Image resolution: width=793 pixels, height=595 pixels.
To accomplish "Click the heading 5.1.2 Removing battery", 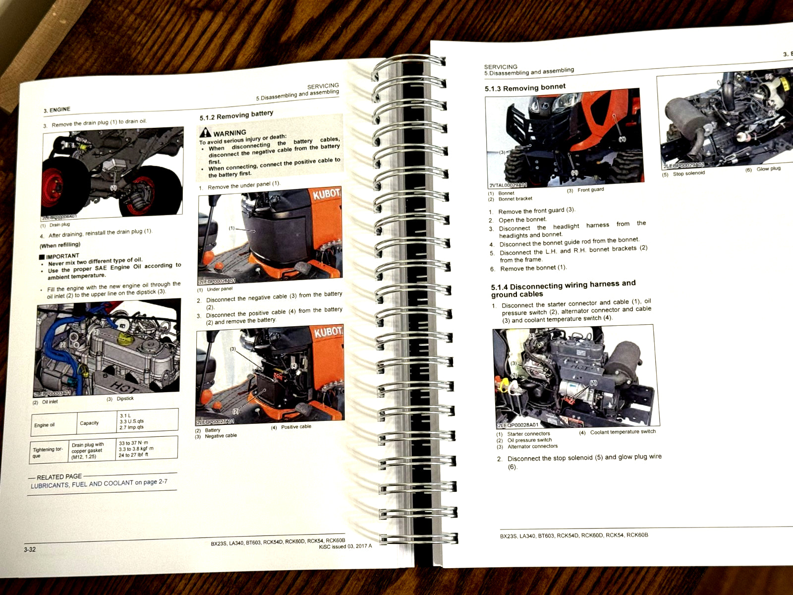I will (x=236, y=116).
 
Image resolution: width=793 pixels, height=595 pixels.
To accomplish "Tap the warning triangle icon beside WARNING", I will (x=205, y=132).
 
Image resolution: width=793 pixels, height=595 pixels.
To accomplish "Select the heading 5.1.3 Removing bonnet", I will (x=525, y=88).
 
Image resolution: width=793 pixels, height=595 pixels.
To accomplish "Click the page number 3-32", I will (x=30, y=549).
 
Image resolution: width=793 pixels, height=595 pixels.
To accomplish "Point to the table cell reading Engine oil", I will (x=45, y=425).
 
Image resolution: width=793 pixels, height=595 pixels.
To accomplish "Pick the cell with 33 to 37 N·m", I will (x=133, y=443).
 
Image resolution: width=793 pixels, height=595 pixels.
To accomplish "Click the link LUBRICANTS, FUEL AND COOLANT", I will (x=82, y=484).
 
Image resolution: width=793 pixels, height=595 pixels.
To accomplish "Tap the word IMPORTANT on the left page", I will (x=62, y=256).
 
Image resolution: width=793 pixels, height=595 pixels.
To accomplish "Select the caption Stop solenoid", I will (x=688, y=174).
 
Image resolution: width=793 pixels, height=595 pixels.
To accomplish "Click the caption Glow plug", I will (x=768, y=169).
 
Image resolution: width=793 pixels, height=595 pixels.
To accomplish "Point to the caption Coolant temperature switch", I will (x=623, y=432).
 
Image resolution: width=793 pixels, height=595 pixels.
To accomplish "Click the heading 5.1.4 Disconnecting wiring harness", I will (x=563, y=289).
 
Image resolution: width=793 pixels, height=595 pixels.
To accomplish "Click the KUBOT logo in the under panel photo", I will (x=327, y=193).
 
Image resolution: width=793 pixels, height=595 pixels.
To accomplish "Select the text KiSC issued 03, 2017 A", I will (x=345, y=546).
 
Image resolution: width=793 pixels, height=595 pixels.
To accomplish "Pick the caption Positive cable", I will (x=296, y=427).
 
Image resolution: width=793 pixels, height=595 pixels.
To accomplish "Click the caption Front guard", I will (x=590, y=190).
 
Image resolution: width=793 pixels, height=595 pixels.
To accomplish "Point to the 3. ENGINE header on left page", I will (x=57, y=110).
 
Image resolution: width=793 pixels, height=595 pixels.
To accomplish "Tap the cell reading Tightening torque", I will (x=48, y=452).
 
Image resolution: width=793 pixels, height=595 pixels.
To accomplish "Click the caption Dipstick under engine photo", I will (x=125, y=399).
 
